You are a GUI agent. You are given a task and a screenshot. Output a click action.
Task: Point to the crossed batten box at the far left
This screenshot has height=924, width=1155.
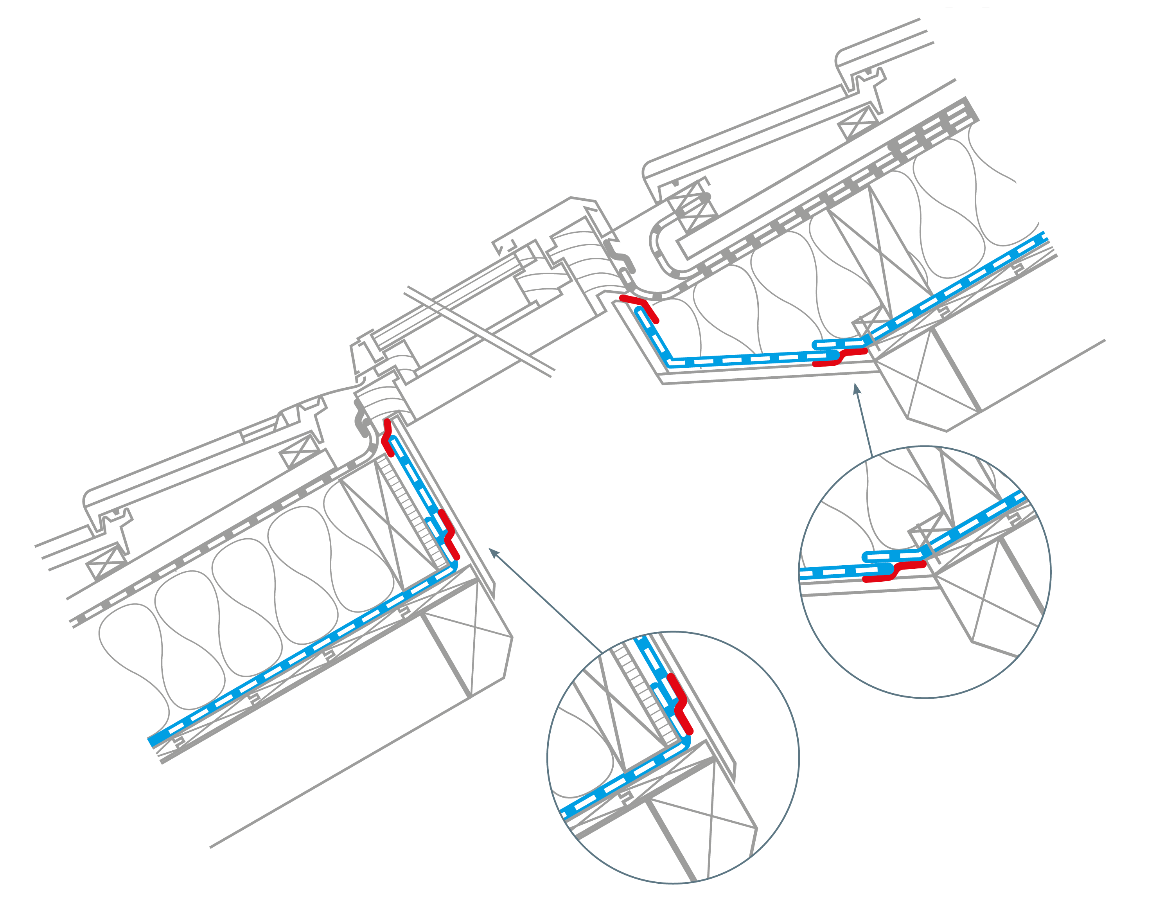coord(107,561)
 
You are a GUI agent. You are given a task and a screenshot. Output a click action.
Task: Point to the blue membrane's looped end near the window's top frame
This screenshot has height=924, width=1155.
coord(640,311)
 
